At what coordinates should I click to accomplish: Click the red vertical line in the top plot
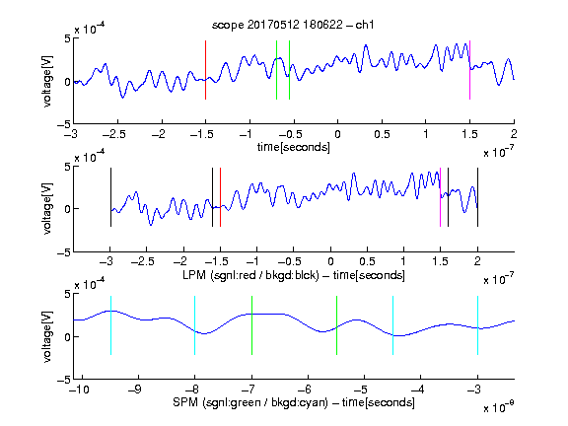click(206, 70)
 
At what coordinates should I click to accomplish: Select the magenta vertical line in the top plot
click(469, 70)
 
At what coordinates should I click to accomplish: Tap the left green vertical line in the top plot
click(277, 70)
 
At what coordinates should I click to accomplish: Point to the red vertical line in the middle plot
click(220, 197)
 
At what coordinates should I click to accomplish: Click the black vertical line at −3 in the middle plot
click(110, 197)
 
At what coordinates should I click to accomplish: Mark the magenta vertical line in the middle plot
click(440, 197)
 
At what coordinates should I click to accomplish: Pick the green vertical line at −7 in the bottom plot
click(251, 325)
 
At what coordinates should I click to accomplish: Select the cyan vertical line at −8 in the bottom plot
click(195, 325)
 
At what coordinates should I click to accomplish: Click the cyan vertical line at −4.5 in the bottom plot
click(393, 325)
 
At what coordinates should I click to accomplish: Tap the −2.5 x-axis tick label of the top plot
click(114, 134)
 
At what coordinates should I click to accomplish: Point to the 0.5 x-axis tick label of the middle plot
click(367, 261)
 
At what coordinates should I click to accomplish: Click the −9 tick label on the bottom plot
click(135, 390)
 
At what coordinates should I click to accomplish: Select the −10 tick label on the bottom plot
click(79, 390)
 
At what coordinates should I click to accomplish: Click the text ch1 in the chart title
click(365, 25)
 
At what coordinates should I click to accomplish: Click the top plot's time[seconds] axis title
click(294, 147)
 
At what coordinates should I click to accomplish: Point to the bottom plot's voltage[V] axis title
click(47, 336)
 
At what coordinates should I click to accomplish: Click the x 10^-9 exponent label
click(498, 407)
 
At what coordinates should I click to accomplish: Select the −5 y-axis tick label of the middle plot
click(64, 252)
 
